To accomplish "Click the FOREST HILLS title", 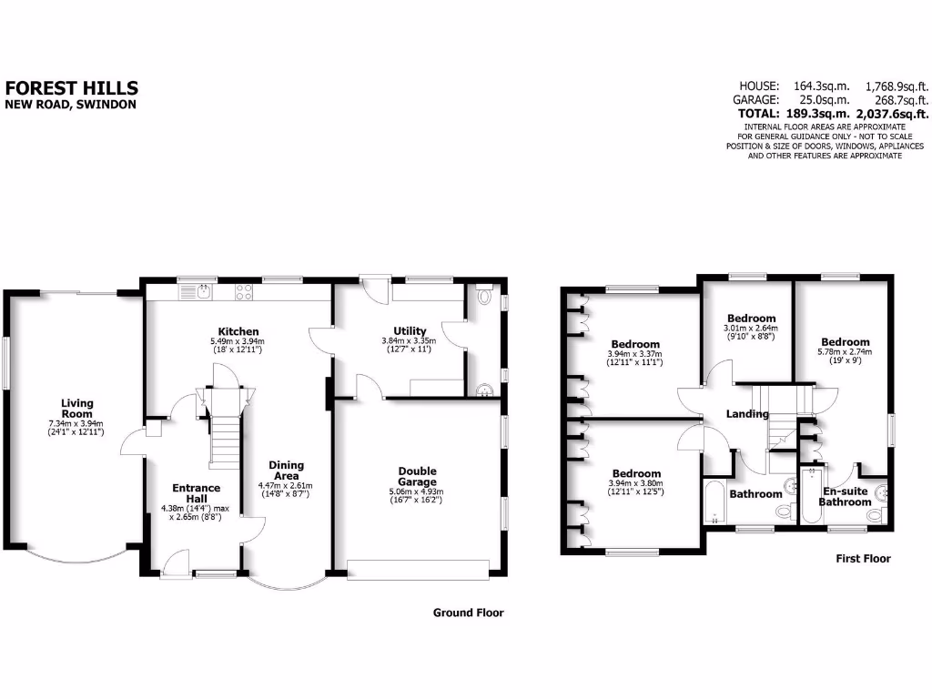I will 72,88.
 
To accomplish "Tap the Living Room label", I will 77,408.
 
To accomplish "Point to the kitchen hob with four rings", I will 244,291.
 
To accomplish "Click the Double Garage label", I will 417,476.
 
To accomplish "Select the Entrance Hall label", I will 190,494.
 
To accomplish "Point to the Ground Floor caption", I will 468,613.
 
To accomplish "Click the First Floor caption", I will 863,558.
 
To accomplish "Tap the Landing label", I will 746,414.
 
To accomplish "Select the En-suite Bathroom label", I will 846,496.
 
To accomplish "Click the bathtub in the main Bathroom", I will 714,503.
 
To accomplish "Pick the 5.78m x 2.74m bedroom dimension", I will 845,352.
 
